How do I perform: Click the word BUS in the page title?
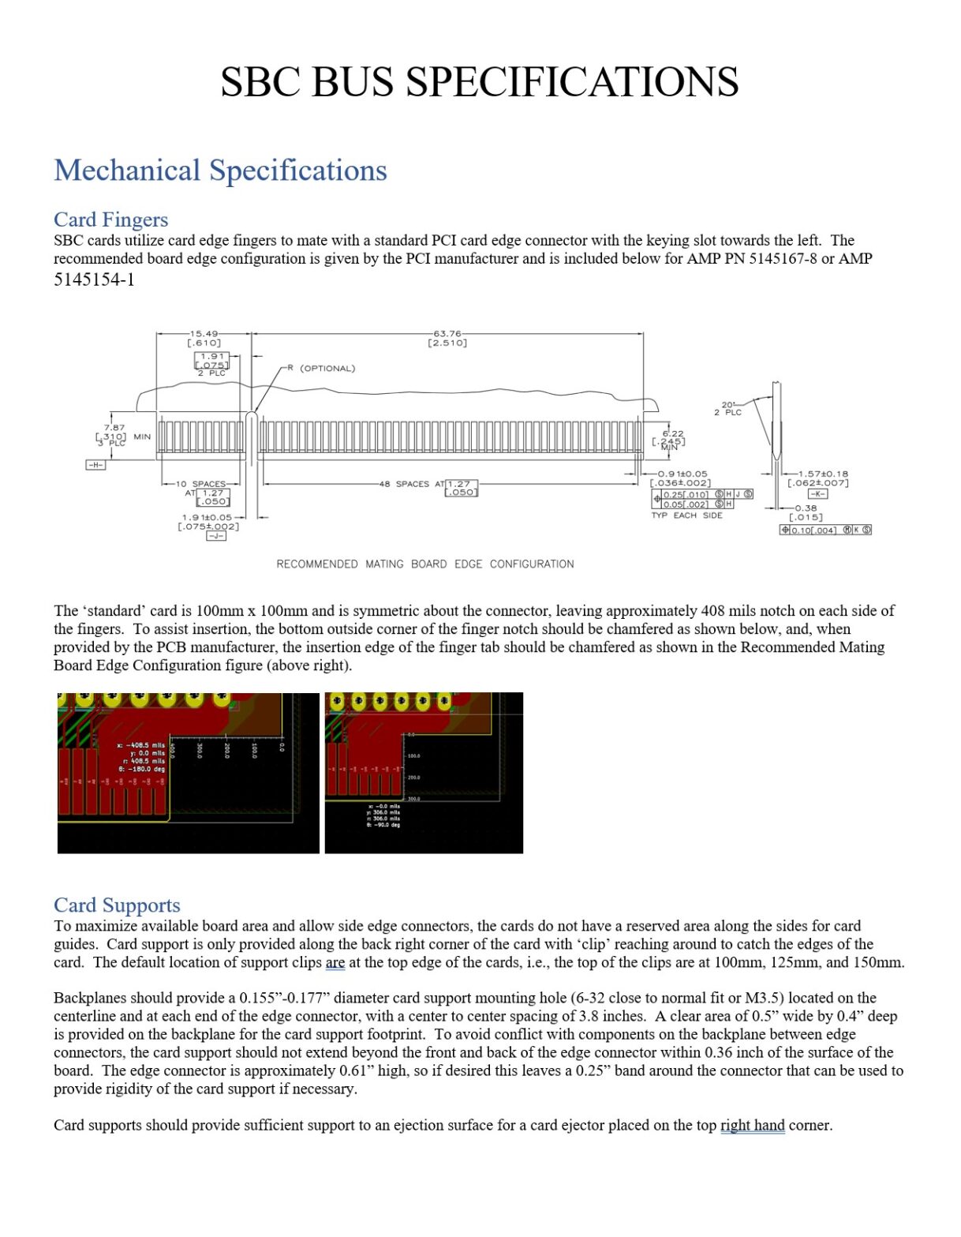point(352,82)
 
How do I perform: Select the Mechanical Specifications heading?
point(220,171)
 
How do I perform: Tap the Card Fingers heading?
point(110,219)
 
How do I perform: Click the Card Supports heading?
point(117,905)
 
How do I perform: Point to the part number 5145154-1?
point(94,279)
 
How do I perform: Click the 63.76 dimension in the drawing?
point(447,333)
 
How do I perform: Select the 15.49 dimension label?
point(204,333)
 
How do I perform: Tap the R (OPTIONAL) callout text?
point(321,369)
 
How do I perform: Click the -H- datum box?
point(95,465)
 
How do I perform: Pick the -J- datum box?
point(215,536)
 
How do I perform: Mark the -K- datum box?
point(817,493)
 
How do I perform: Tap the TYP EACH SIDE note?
point(686,515)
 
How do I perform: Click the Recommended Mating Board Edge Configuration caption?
point(424,564)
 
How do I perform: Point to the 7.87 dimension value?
point(114,427)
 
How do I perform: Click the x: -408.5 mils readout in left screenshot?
point(141,745)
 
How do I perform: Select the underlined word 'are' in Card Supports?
point(335,962)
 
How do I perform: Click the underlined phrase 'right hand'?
point(752,1125)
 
